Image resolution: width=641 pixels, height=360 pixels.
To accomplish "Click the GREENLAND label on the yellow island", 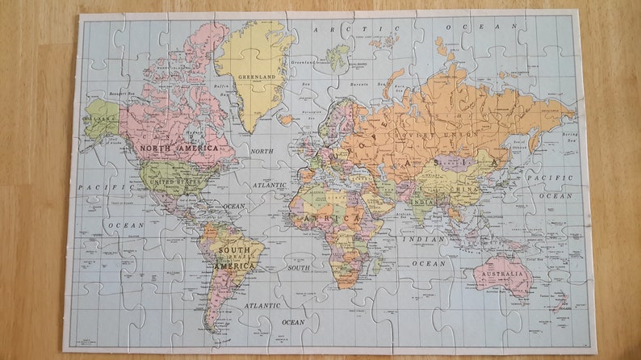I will click(256, 78).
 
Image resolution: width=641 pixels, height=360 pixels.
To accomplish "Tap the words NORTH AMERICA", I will click(179, 149).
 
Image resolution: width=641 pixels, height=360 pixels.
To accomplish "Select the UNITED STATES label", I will click(175, 182).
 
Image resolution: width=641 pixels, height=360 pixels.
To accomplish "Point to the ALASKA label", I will click(101, 118).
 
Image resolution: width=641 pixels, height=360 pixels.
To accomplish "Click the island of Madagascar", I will click(378, 265).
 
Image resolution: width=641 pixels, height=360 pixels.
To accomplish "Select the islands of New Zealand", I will click(559, 303).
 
